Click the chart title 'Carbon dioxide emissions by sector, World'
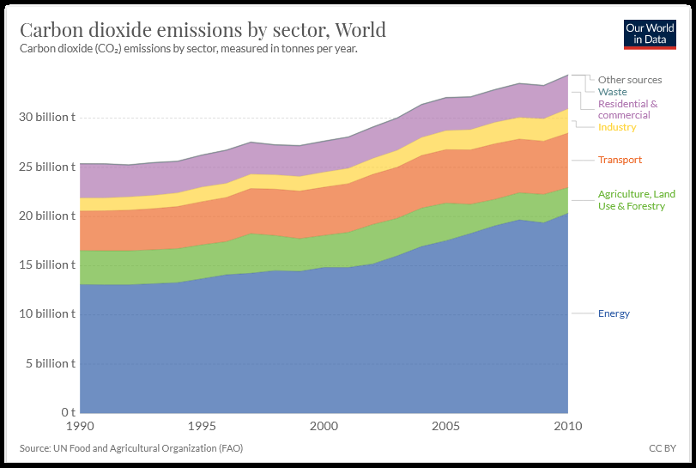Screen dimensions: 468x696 coord(203,30)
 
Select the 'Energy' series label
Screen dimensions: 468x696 coord(614,313)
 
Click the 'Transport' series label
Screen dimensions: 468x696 coord(620,160)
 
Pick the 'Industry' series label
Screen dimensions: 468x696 coord(617,127)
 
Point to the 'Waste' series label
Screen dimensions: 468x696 coord(613,92)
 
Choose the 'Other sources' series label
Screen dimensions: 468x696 coord(630,80)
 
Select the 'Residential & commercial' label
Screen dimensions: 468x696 coord(628,109)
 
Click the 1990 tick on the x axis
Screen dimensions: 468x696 coord(80,426)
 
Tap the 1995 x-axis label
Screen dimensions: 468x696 coord(202,426)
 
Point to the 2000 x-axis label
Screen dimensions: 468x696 coord(324,426)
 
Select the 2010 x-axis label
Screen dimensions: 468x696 coord(567,426)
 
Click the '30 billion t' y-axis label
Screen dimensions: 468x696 coord(47,117)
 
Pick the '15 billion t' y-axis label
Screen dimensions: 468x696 coord(47,264)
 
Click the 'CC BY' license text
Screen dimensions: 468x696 coord(663,448)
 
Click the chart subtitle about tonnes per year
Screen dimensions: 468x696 coord(188,49)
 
